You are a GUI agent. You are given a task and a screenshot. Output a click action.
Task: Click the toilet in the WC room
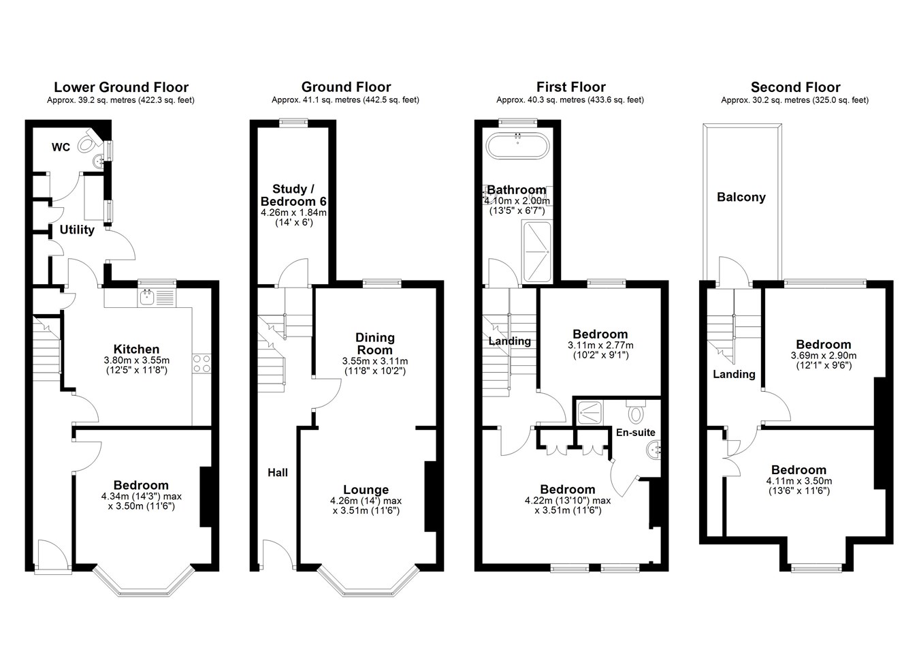[88, 141]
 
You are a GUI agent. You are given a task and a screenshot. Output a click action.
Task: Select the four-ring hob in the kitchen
[201, 363]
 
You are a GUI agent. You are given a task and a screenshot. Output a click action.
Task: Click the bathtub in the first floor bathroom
[517, 145]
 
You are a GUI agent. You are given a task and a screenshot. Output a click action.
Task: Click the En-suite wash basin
[653, 450]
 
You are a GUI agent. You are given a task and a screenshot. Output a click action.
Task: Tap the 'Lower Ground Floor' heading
[121, 87]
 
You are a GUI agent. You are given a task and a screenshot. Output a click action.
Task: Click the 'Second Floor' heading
[796, 87]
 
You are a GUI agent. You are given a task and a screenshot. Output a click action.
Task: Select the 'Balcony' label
[741, 197]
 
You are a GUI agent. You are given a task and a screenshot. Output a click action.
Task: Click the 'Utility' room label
[77, 230]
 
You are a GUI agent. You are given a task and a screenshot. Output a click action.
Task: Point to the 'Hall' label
[278, 473]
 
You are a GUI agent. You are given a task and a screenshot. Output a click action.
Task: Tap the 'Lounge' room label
[366, 490]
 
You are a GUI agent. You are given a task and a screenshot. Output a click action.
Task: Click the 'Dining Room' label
[375, 344]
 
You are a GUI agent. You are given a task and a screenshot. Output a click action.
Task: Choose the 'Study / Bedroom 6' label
[293, 195]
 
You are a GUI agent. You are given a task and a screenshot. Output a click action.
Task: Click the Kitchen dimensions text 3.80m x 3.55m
[136, 360]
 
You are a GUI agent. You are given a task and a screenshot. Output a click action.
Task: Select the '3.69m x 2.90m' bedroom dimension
[824, 356]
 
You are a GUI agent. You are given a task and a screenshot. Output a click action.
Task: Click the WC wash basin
[99, 161]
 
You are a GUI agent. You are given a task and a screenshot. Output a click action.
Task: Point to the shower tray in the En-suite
[590, 413]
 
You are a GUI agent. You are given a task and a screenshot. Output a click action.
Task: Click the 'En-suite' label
[636, 432]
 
